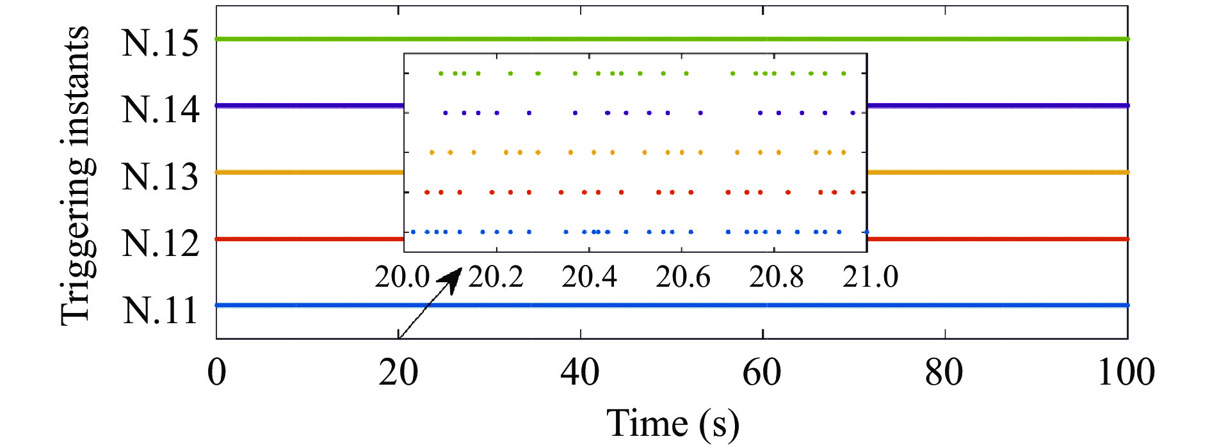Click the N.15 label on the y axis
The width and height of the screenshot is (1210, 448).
point(160,44)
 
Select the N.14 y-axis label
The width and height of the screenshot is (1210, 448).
point(160,110)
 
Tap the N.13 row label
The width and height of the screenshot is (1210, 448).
point(160,177)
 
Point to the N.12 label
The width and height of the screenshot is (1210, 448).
point(160,244)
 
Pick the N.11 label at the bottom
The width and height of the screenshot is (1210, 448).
point(160,310)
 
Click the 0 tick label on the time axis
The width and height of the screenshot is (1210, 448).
point(217,372)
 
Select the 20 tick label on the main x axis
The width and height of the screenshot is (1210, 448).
point(398,372)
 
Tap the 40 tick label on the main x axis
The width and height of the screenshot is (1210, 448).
point(580,372)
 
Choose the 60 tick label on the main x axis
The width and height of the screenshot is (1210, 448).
point(762,372)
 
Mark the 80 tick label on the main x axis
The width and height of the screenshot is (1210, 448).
point(944,372)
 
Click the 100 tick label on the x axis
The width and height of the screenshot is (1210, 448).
point(1126,372)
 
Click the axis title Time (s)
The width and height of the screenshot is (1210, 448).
point(672,424)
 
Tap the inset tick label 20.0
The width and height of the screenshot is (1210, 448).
point(402,277)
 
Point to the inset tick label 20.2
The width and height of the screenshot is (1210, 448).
point(496,277)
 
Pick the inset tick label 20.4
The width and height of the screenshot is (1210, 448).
point(589,277)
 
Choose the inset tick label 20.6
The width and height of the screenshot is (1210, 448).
point(682,277)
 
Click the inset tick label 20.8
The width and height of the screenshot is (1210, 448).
point(776,277)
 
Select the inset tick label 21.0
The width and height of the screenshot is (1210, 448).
point(870,277)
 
